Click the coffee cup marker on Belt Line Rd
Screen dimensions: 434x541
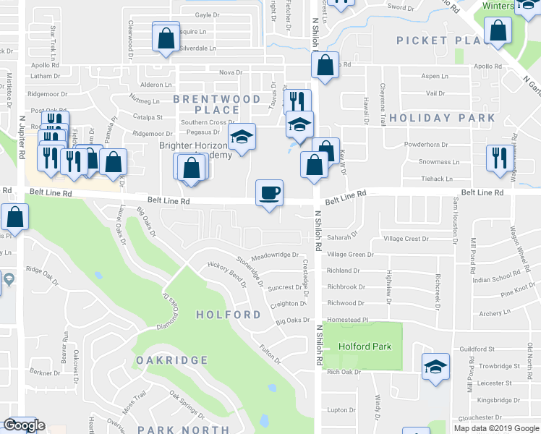pyautogui.click(x=269, y=192)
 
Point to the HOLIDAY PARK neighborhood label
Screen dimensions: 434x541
pyautogui.click(x=442, y=118)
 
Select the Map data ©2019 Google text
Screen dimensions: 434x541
pyautogui.click(x=495, y=428)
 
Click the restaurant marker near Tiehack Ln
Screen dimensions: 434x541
pyautogui.click(x=498, y=158)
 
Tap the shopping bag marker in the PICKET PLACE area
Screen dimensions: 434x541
pyautogui.click(x=498, y=31)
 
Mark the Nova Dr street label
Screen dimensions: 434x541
pyautogui.click(x=230, y=72)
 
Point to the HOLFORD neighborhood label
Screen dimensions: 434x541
pyautogui.click(x=228, y=315)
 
